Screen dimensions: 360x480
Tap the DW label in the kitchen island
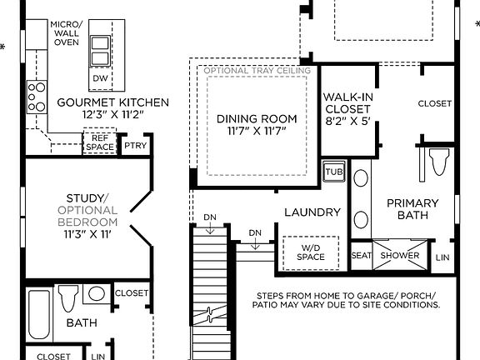click(x=100, y=78)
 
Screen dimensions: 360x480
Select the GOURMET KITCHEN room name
click(x=113, y=102)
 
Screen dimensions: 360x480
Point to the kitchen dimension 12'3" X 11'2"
click(x=113, y=115)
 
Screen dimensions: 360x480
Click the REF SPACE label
click(x=99, y=143)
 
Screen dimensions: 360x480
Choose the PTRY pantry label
click(x=135, y=145)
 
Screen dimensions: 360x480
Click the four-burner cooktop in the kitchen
click(x=37, y=96)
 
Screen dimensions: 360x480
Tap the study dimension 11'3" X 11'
click(x=88, y=235)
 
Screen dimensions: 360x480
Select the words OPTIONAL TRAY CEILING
click(x=257, y=71)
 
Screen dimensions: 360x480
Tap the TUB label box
click(x=334, y=172)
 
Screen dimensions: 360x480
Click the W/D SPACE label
click(x=312, y=252)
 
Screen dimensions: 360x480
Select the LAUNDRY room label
click(x=312, y=212)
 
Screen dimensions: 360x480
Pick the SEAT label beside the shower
click(x=361, y=256)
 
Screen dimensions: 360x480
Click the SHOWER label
click(x=401, y=256)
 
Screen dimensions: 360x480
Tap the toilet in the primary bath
click(x=437, y=160)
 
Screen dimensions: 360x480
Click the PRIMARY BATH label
click(x=412, y=209)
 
